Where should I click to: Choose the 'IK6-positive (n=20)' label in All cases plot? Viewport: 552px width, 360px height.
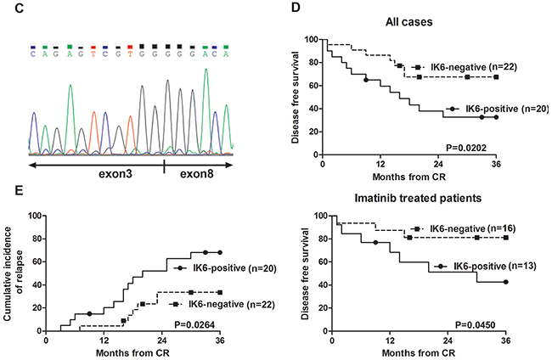point(496,109)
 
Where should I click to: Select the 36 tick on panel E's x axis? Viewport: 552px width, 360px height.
point(220,339)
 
